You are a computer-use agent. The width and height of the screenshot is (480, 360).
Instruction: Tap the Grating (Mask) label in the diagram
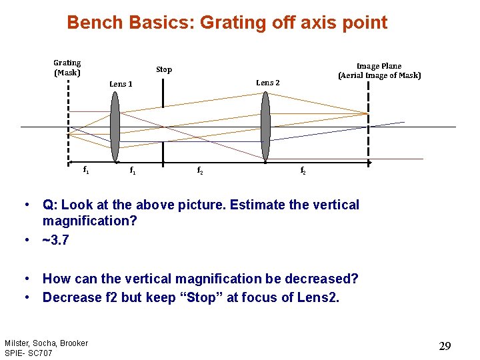(67, 67)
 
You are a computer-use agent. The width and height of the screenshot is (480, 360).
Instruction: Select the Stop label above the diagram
(164, 69)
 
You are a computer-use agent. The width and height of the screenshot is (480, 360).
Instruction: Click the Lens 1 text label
(121, 84)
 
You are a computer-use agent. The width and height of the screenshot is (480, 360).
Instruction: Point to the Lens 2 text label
(268, 83)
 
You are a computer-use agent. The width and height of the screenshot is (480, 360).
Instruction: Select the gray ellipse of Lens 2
(265, 126)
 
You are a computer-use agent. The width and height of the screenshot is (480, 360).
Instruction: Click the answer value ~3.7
(56, 239)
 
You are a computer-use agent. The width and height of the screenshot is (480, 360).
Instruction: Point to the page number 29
(445, 345)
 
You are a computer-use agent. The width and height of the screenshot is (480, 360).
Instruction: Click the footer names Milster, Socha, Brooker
(46, 343)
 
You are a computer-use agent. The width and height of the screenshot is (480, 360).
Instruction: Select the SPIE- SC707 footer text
(29, 352)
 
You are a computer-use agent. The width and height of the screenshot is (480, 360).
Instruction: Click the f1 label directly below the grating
(85, 171)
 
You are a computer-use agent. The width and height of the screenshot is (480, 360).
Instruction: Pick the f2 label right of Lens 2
(303, 171)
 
